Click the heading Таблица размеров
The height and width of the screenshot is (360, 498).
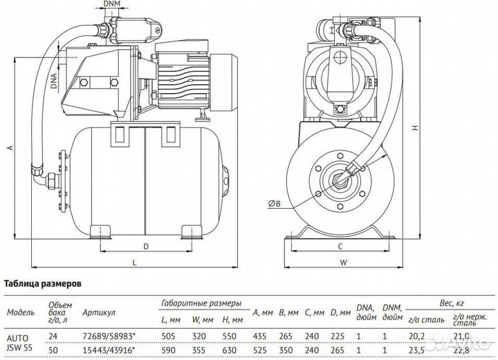click(44, 283)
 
